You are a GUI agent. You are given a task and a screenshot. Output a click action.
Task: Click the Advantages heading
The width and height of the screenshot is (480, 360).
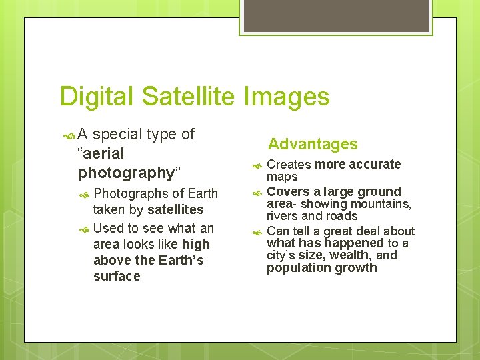(313, 144)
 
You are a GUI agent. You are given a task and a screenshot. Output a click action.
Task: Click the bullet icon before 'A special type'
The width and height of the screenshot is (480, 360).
(68, 135)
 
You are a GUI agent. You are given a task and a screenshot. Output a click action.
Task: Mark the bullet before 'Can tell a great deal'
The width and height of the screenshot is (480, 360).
(257, 232)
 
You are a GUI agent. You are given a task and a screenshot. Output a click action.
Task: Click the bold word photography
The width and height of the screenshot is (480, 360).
(126, 173)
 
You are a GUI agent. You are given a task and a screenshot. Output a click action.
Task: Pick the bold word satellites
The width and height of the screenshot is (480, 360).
(175, 210)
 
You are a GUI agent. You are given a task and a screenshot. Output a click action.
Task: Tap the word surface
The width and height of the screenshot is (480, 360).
(117, 276)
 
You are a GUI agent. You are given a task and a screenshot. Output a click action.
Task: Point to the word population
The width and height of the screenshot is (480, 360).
(296, 268)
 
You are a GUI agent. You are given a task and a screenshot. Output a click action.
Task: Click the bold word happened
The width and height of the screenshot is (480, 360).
(354, 243)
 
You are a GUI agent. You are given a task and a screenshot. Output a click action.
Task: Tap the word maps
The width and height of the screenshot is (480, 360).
(282, 177)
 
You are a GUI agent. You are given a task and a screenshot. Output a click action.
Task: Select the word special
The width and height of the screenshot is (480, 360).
(117, 134)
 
